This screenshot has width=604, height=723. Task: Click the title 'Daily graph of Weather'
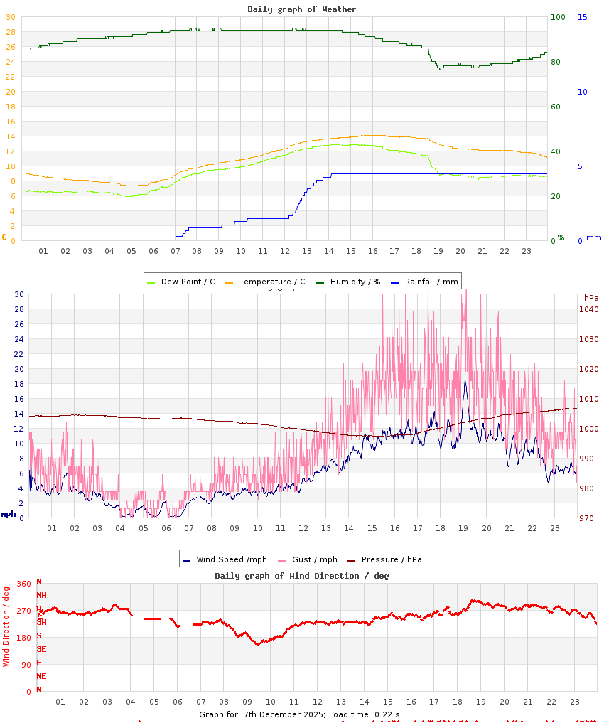click(x=302, y=9)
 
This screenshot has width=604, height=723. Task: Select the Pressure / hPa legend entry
click(x=391, y=559)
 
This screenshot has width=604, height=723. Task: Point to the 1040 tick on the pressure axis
click(x=589, y=309)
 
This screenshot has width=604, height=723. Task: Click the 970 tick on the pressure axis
click(x=587, y=518)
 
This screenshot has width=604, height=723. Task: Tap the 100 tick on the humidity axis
click(x=558, y=17)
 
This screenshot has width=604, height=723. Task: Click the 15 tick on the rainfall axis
click(x=582, y=17)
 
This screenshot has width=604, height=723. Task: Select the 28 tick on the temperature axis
click(x=10, y=32)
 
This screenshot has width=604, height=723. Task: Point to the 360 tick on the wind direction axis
click(x=23, y=584)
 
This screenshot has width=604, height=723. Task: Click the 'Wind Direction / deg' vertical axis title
click(x=6, y=626)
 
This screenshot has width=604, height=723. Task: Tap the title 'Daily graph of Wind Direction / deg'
click(x=302, y=575)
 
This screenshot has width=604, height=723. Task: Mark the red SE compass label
click(x=41, y=649)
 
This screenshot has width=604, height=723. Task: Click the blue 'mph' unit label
click(x=8, y=513)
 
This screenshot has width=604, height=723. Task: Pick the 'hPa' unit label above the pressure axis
click(x=591, y=297)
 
